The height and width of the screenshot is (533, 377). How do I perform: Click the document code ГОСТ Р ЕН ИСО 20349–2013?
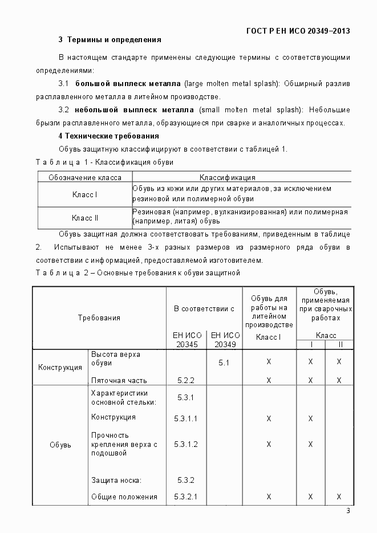click(298, 31)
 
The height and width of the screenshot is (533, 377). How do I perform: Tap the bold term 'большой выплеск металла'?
click(128, 83)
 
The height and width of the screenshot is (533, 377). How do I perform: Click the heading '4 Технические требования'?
click(108, 136)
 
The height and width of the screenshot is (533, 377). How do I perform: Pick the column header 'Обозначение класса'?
click(84, 177)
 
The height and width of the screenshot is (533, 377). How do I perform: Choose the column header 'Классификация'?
click(227, 177)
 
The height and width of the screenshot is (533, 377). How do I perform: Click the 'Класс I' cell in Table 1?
click(84, 194)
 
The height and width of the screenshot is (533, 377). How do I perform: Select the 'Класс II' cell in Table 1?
click(84, 217)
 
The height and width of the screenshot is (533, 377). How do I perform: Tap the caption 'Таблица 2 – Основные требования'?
click(137, 272)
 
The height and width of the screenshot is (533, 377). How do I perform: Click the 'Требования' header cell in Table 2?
click(99, 318)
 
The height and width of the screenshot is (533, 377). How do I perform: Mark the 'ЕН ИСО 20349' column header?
click(224, 340)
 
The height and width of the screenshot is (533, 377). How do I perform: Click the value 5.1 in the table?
click(224, 362)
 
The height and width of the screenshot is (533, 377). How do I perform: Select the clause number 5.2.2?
click(185, 380)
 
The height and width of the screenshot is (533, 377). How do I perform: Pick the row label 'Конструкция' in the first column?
click(60, 367)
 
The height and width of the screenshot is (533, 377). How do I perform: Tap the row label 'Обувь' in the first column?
click(60, 445)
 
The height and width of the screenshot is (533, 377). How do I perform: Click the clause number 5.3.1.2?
click(185, 444)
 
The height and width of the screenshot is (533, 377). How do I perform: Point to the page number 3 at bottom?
click(348, 510)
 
